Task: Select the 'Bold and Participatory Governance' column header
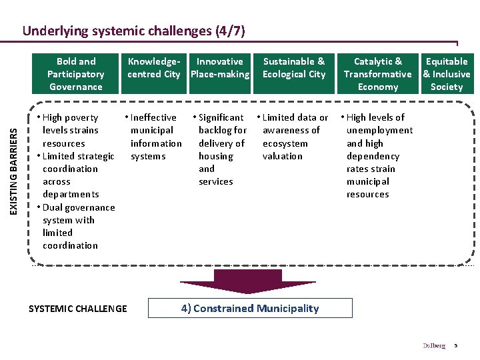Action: click(75, 74)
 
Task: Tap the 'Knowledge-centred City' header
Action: click(154, 67)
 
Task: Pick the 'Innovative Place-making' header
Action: click(220, 67)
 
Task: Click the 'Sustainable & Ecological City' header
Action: click(294, 67)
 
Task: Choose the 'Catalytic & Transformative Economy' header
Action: click(378, 74)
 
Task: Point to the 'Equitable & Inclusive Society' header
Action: click(447, 74)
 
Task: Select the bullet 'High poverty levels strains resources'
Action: click(70, 130)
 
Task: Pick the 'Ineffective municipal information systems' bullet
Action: click(155, 137)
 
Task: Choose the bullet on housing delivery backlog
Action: click(221, 149)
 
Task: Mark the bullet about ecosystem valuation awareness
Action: click(294, 137)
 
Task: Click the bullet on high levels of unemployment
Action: click(378, 155)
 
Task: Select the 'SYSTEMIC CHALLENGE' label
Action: click(78, 308)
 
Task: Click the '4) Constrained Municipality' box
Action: click(250, 308)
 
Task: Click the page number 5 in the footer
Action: click(456, 345)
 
